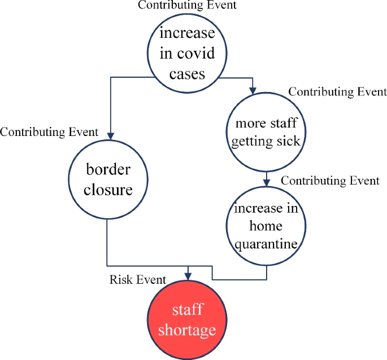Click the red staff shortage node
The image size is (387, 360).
[x=187, y=320]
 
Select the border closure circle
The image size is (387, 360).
[x=108, y=179]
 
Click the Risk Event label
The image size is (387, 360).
[x=138, y=279]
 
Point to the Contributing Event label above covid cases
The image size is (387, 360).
[x=187, y=6]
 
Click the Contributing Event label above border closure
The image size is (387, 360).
[x=49, y=132]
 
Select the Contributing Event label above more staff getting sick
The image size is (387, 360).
[x=337, y=91]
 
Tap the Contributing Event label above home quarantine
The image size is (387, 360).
[x=330, y=181]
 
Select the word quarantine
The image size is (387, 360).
[x=266, y=245]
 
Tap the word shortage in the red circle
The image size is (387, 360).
[x=187, y=330]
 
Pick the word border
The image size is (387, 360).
[x=108, y=169]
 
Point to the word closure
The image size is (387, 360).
[x=108, y=189]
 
